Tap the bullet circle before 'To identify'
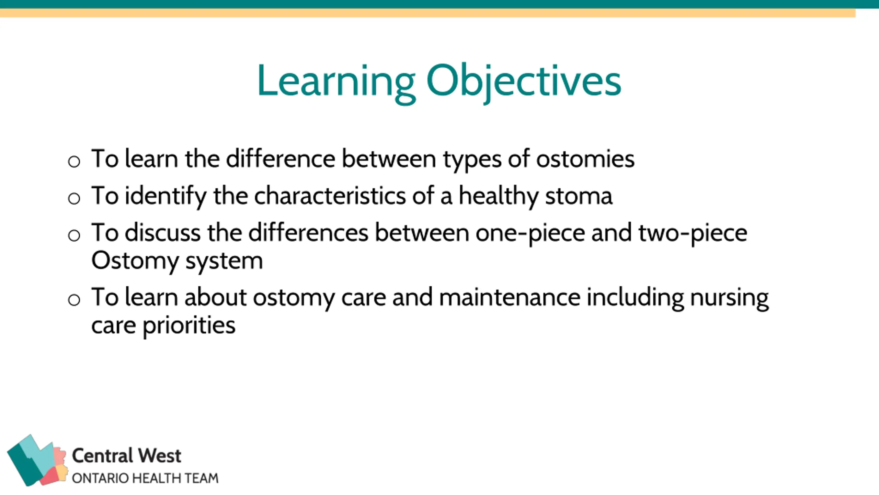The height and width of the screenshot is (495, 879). pyautogui.click(x=74, y=198)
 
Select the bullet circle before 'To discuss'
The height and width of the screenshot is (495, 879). pyautogui.click(x=74, y=235)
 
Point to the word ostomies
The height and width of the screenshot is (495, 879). pyautogui.click(x=585, y=159)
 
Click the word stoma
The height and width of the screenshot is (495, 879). pyautogui.click(x=579, y=196)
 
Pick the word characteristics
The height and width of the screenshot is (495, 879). pyautogui.click(x=330, y=196)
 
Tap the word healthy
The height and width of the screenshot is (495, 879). pyautogui.click(x=499, y=196)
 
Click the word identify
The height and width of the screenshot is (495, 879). pyautogui.click(x=166, y=196)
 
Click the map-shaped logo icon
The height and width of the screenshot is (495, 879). pyautogui.click(x=37, y=460)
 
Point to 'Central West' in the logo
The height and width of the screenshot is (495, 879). pyautogui.click(x=126, y=456)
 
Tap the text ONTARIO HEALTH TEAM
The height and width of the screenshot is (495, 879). pyautogui.click(x=145, y=478)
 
